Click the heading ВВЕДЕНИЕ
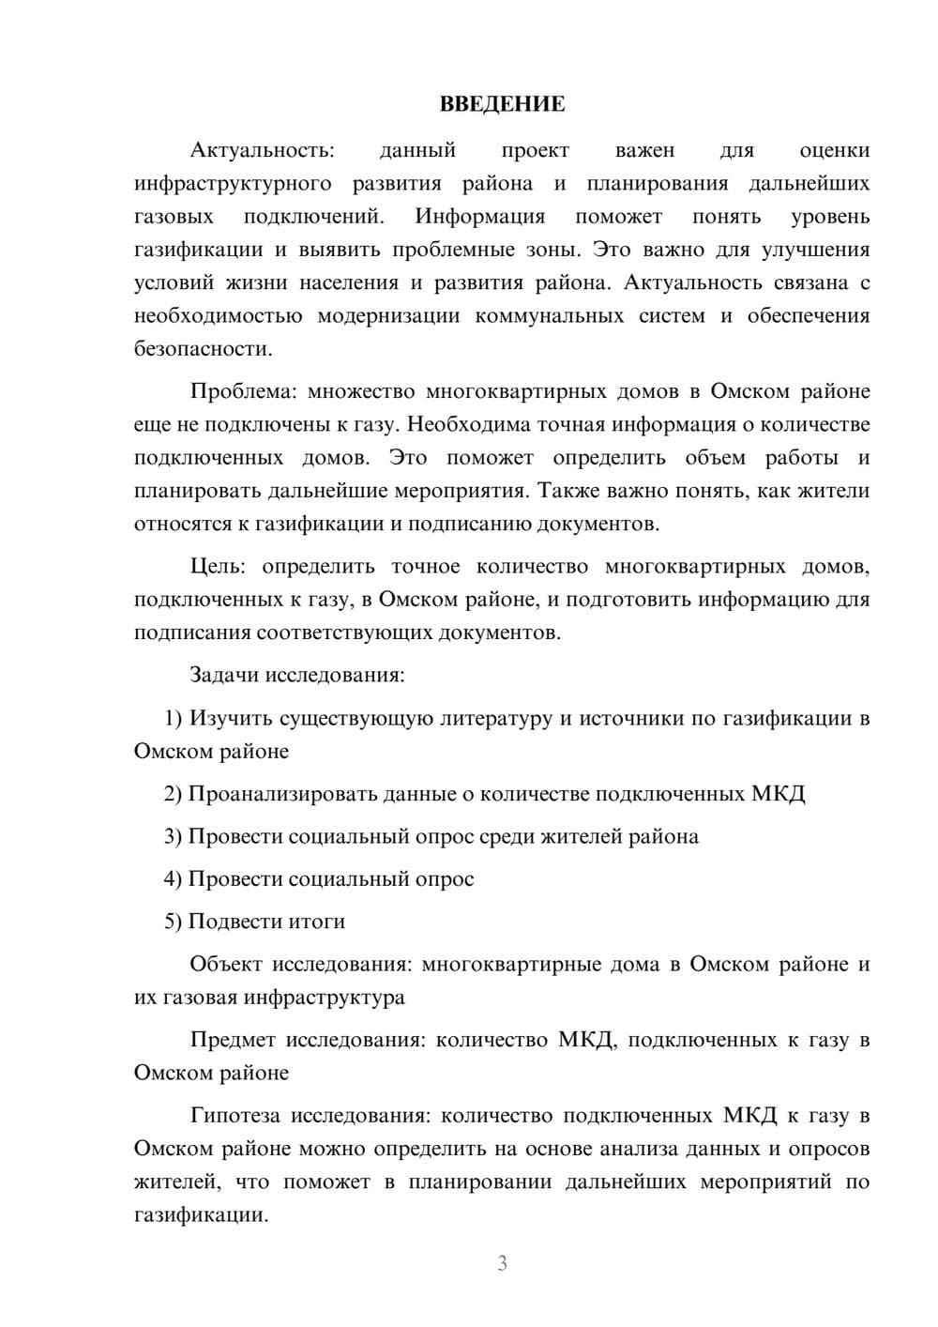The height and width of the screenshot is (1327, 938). [502, 104]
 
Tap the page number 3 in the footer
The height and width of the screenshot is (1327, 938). [502, 1263]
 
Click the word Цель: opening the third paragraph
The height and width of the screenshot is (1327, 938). [219, 566]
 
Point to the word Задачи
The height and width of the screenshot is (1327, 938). [225, 675]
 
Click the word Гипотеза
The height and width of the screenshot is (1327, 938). [235, 1115]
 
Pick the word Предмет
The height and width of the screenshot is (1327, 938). [233, 1039]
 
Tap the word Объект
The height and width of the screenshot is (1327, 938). [225, 964]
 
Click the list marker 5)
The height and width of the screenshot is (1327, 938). [174, 922]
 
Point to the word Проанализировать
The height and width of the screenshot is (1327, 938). [282, 794]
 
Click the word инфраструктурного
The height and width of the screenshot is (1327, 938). [233, 183]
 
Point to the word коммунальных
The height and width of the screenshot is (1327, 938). [550, 315]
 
